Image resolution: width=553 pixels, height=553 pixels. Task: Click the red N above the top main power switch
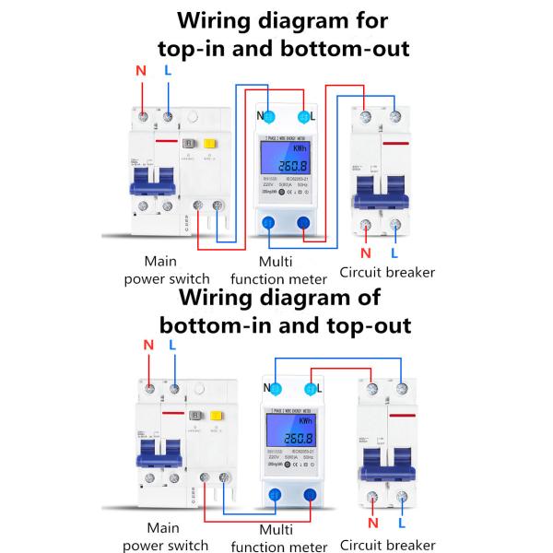click(x=141, y=71)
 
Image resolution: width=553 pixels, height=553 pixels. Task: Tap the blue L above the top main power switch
click(x=167, y=71)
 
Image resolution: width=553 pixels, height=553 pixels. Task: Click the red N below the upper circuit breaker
click(x=366, y=253)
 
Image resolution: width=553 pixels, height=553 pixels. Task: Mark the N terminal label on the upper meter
click(x=260, y=116)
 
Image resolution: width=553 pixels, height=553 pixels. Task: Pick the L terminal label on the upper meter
click(x=313, y=116)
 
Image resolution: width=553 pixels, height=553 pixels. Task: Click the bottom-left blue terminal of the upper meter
click(x=268, y=223)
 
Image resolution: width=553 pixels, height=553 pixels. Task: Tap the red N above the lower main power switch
click(x=147, y=346)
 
